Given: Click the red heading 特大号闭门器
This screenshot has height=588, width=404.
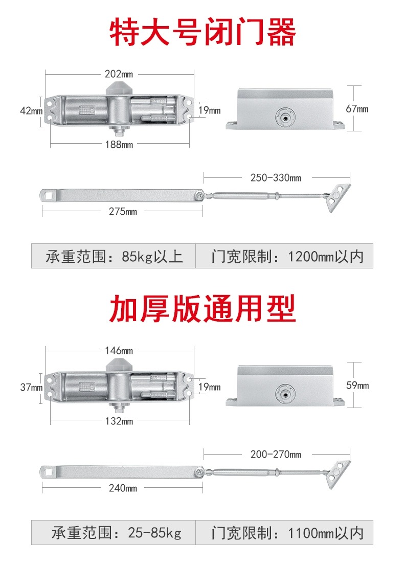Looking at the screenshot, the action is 203,32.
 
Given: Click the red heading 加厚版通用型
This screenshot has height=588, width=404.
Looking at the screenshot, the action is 203,309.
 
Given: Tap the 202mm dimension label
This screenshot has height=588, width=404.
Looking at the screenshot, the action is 119,74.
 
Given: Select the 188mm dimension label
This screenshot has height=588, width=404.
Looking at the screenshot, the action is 119,144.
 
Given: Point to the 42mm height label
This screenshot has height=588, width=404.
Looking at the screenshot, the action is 31,110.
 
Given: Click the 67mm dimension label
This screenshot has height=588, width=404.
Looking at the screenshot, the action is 357,109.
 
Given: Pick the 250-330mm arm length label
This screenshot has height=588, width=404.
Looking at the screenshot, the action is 276,178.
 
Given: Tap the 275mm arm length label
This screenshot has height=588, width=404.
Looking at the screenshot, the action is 123,212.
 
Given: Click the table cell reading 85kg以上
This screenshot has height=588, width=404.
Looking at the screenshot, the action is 114,256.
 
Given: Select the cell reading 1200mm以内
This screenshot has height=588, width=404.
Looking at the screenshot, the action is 284,256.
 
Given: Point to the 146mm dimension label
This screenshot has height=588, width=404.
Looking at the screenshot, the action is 119,351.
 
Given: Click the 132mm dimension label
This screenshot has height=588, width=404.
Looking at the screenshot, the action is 119,421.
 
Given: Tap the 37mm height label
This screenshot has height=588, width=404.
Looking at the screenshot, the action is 31,387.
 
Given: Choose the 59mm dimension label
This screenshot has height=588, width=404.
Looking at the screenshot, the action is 357,385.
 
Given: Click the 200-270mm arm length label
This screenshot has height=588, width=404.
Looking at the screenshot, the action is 276,455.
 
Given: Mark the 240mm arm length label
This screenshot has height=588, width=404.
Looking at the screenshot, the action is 123,488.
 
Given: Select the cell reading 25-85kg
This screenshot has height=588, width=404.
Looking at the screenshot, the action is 114,532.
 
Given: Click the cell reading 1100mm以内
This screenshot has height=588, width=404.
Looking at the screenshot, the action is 284,532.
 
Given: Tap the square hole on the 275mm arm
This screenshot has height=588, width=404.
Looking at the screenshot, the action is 48,195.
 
